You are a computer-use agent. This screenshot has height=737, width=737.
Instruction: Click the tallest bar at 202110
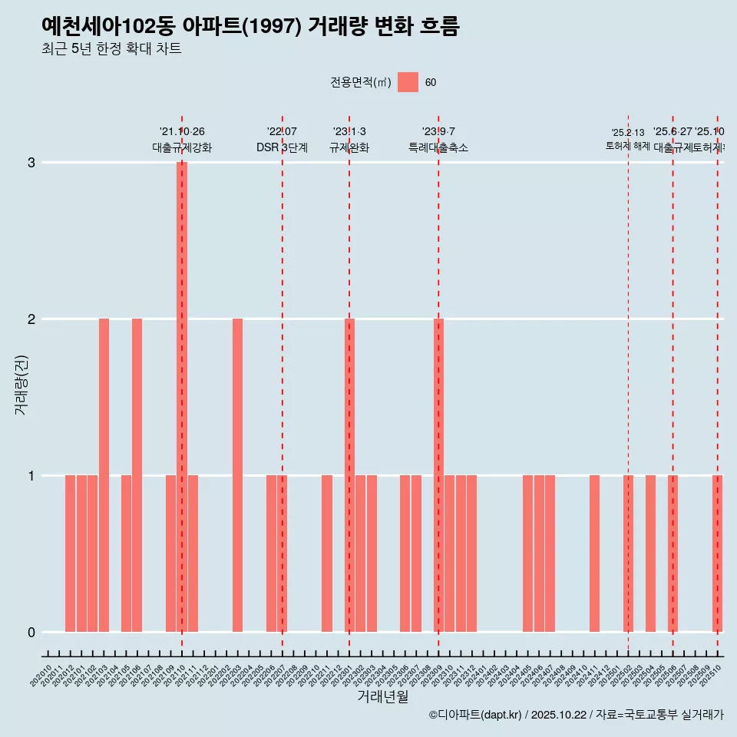click(x=182, y=397)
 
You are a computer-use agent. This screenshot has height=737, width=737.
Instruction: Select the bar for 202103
click(x=104, y=475)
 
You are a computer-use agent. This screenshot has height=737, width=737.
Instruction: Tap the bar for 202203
click(x=237, y=475)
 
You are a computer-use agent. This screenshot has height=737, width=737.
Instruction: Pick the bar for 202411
click(x=594, y=554)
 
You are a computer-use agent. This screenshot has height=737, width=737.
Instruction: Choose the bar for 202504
click(x=650, y=554)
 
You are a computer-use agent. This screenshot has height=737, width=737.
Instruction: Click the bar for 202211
click(x=327, y=554)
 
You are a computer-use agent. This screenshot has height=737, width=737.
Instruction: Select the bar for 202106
click(x=137, y=475)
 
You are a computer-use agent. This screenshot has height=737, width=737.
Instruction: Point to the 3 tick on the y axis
click(x=31, y=163)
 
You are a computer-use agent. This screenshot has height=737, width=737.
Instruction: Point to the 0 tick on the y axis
click(x=31, y=633)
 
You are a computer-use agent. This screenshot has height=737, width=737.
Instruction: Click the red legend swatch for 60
click(x=408, y=82)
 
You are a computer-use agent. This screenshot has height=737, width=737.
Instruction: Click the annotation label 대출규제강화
click(x=181, y=147)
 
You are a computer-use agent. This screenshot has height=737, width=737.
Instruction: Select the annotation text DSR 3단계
click(x=282, y=147)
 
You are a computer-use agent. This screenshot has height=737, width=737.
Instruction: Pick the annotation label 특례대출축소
click(x=438, y=147)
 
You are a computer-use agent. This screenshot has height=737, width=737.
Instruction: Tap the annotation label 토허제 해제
click(x=627, y=146)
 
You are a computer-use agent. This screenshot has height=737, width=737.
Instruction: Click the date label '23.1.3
click(x=349, y=132)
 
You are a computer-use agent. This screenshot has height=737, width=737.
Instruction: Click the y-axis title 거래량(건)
click(x=21, y=385)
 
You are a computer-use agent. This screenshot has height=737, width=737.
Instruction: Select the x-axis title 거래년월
click(x=382, y=697)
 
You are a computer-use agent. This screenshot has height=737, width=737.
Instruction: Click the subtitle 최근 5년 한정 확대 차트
click(x=111, y=49)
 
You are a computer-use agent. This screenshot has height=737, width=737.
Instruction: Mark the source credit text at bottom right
click(x=576, y=716)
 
